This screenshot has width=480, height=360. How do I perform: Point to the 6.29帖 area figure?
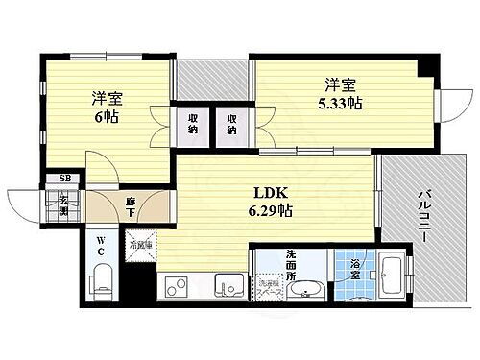pos(270,210)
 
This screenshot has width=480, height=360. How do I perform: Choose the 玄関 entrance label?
pos(63,203)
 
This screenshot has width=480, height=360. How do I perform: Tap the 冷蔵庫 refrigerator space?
pos(141,245)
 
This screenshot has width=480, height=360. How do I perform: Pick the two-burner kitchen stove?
pos(178,285)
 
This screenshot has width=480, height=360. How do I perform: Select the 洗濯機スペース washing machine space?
pos(270,287)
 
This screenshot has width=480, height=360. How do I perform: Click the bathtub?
pos(389,278)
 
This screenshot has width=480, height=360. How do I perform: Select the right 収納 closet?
pos(231,123)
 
